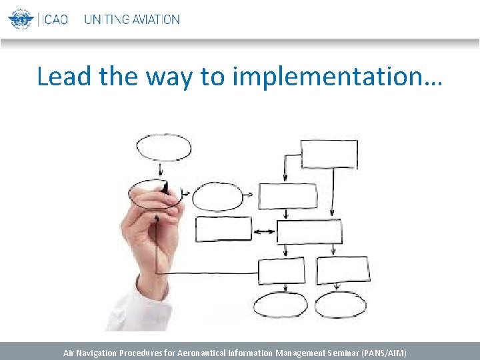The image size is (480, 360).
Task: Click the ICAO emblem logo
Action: point(20,19)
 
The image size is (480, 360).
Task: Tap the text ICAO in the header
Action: point(55,19)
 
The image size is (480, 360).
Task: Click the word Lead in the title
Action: point(65,77)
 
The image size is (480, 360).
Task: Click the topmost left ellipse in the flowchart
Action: point(163,147)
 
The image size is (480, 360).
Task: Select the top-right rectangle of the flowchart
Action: point(329,154)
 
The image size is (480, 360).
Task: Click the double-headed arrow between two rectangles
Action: point(265,231)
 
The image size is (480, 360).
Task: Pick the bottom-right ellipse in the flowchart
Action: point(340,305)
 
